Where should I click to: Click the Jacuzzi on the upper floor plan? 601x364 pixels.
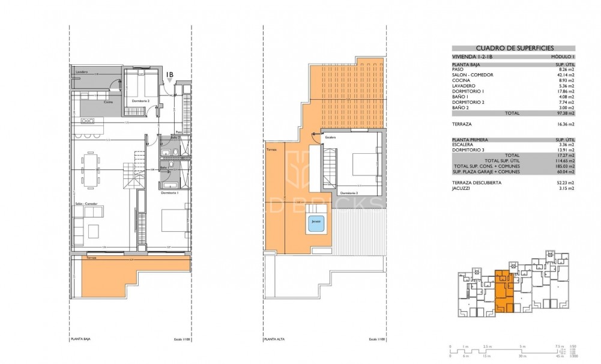pos(315,222)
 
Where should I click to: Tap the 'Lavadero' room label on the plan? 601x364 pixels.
pos(82,72)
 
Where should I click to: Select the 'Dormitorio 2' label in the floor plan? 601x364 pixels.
pos(140,109)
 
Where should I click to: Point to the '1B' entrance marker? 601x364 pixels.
pos(170,75)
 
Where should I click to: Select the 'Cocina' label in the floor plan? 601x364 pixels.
pos(108,102)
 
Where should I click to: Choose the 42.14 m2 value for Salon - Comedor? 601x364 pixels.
pos(566,74)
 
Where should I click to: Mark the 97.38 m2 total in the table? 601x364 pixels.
pos(566,113)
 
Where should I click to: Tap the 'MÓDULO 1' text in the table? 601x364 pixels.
pos(563,56)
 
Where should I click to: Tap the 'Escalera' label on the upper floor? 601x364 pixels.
pos(331,137)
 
